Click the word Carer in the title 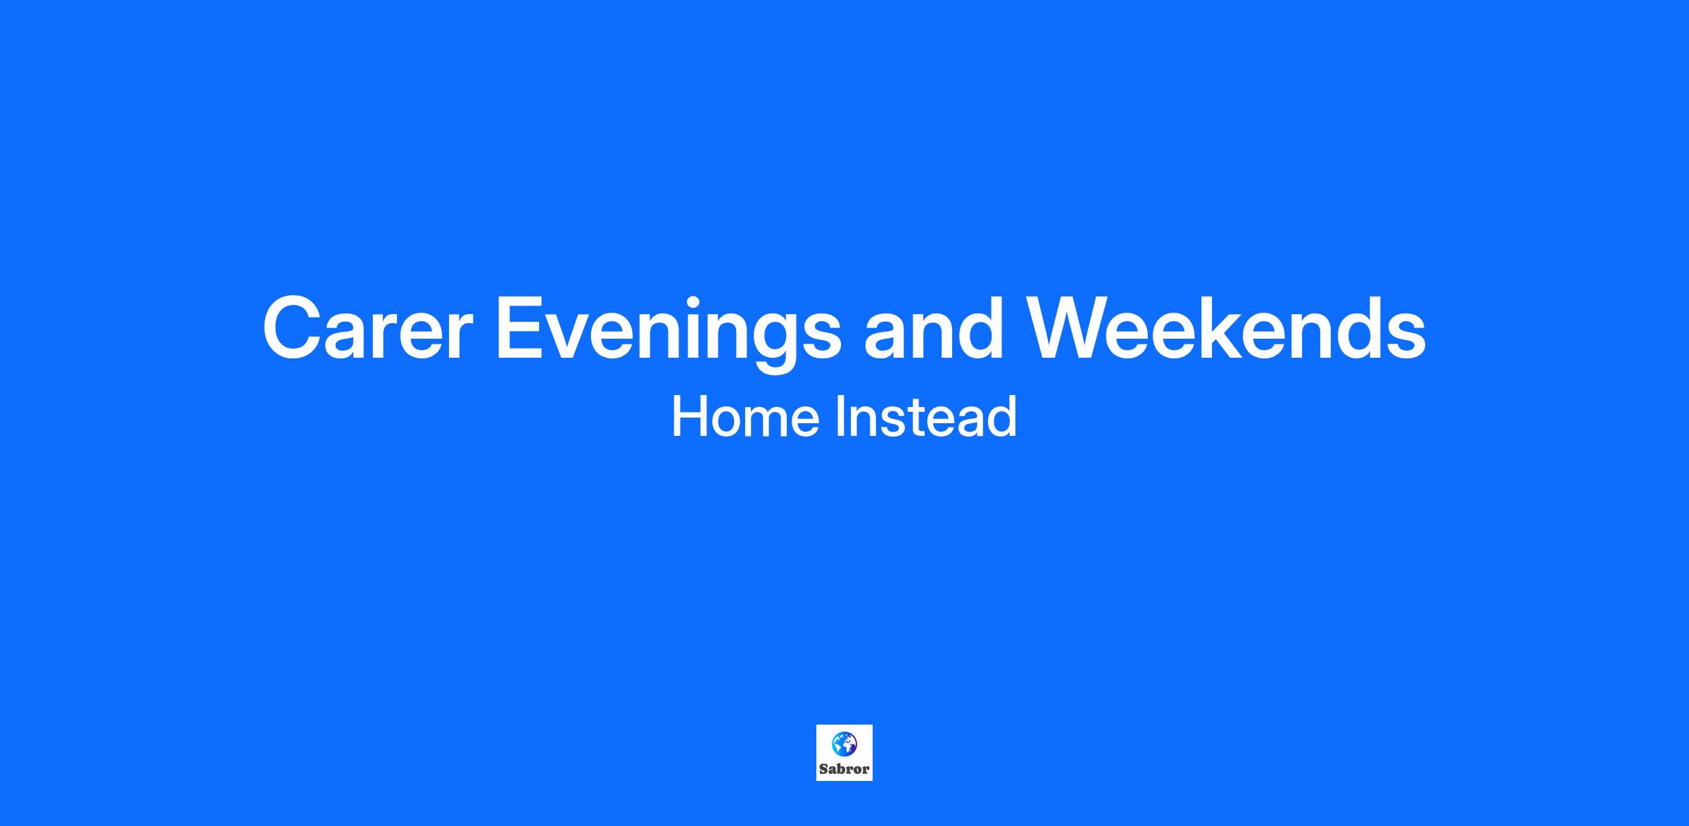(x=364, y=329)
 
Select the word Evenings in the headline (x=669, y=334)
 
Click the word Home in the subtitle (x=746, y=417)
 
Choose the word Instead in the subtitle (x=925, y=416)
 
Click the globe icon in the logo (x=844, y=743)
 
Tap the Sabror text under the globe (x=844, y=769)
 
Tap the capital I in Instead (x=840, y=417)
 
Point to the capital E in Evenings (x=521, y=329)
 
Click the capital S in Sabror (x=823, y=769)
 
